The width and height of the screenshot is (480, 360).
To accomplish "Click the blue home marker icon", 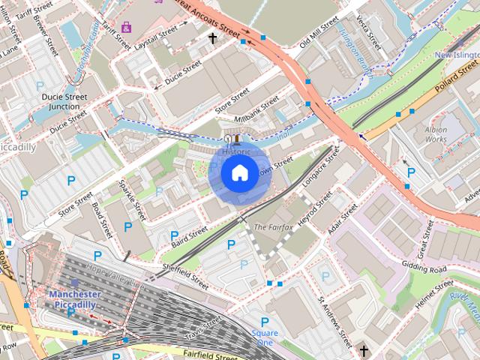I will (x=238, y=173).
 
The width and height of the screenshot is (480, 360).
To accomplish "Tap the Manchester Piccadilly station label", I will (x=75, y=299).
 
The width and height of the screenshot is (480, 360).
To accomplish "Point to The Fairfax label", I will (x=273, y=226).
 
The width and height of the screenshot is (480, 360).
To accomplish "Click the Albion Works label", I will (x=436, y=134).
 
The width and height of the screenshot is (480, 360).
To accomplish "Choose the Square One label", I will (x=265, y=337).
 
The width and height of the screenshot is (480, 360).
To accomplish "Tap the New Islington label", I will (x=456, y=55).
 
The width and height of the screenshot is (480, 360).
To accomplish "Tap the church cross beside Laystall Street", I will (x=212, y=37).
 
